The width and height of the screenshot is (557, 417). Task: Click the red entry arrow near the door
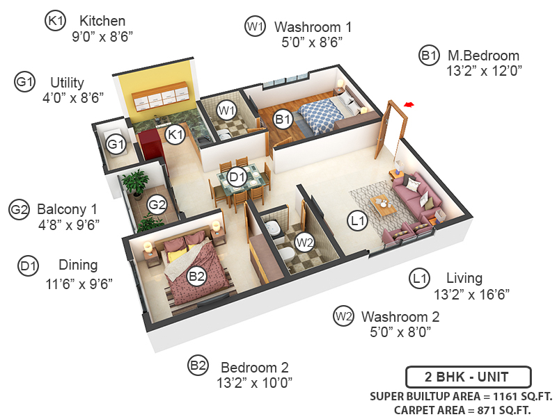(409, 104)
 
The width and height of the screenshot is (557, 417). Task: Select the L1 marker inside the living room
(358, 222)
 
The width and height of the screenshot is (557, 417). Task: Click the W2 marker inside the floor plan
(304, 243)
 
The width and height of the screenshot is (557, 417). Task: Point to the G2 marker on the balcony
(157, 204)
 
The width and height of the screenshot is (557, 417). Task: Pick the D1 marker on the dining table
(237, 177)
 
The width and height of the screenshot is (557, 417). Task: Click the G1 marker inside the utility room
(116, 145)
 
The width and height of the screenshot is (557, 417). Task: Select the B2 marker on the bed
(198, 277)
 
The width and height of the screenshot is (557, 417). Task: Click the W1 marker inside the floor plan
(225, 110)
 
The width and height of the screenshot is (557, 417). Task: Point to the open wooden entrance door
(395, 132)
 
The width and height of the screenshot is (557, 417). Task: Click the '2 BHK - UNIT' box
(468, 378)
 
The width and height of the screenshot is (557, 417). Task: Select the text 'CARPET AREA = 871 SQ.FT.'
(462, 410)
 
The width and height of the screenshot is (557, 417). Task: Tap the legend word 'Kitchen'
(102, 20)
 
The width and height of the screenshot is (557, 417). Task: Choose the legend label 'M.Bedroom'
(483, 56)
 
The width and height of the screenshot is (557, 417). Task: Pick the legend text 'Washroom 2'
(400, 317)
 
